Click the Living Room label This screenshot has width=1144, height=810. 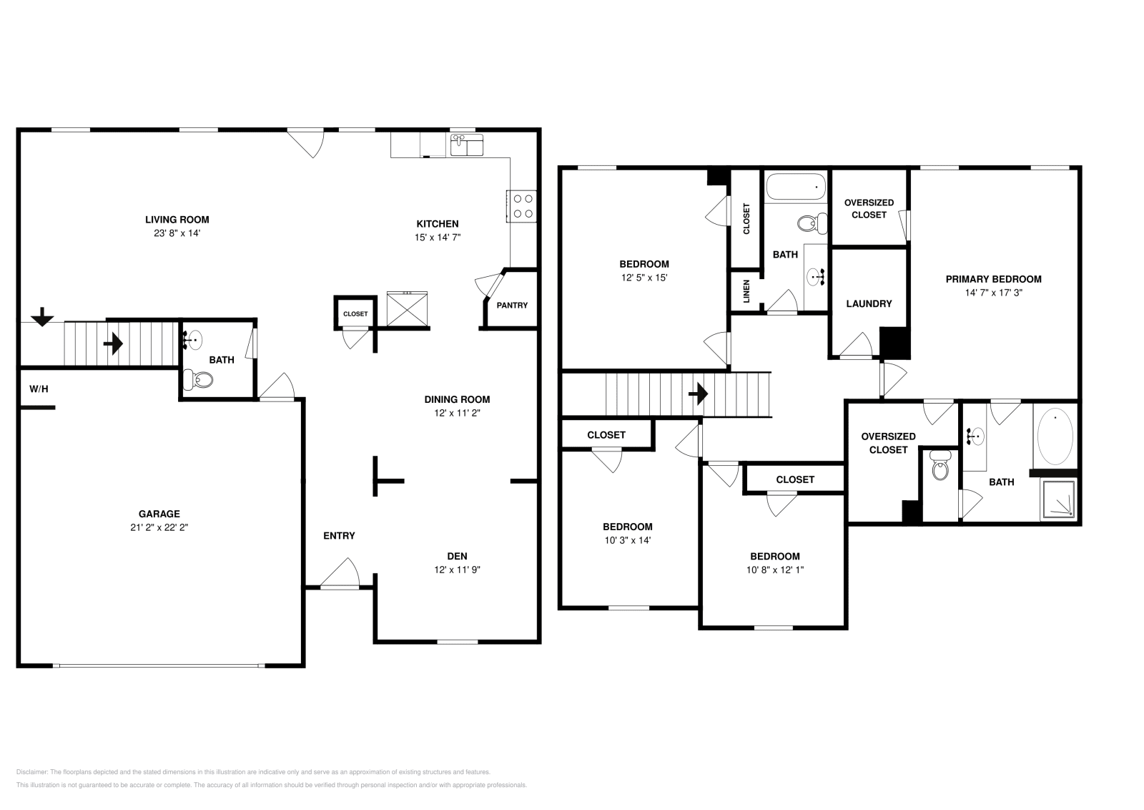177,220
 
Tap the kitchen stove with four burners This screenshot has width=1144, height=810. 521,206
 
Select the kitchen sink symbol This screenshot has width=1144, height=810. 467,145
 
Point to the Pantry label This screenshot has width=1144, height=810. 512,305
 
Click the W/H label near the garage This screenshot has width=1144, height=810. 39,389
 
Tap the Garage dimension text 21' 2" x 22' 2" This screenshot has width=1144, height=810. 159,527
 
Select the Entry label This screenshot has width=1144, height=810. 339,535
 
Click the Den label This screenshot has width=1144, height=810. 457,556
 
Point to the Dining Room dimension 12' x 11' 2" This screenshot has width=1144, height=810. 457,413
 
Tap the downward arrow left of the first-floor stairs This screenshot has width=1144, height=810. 42,317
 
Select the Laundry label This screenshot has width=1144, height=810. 869,303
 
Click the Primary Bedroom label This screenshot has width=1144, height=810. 993,279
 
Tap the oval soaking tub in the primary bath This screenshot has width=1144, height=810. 1055,436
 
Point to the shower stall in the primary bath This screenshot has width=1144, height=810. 1058,499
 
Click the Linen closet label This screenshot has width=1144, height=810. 746,291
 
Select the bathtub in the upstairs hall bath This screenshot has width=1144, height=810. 796,187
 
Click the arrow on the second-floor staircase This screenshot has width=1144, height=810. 698,394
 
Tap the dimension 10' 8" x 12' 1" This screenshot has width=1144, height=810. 775,570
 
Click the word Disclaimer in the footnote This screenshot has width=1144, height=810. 31,771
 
